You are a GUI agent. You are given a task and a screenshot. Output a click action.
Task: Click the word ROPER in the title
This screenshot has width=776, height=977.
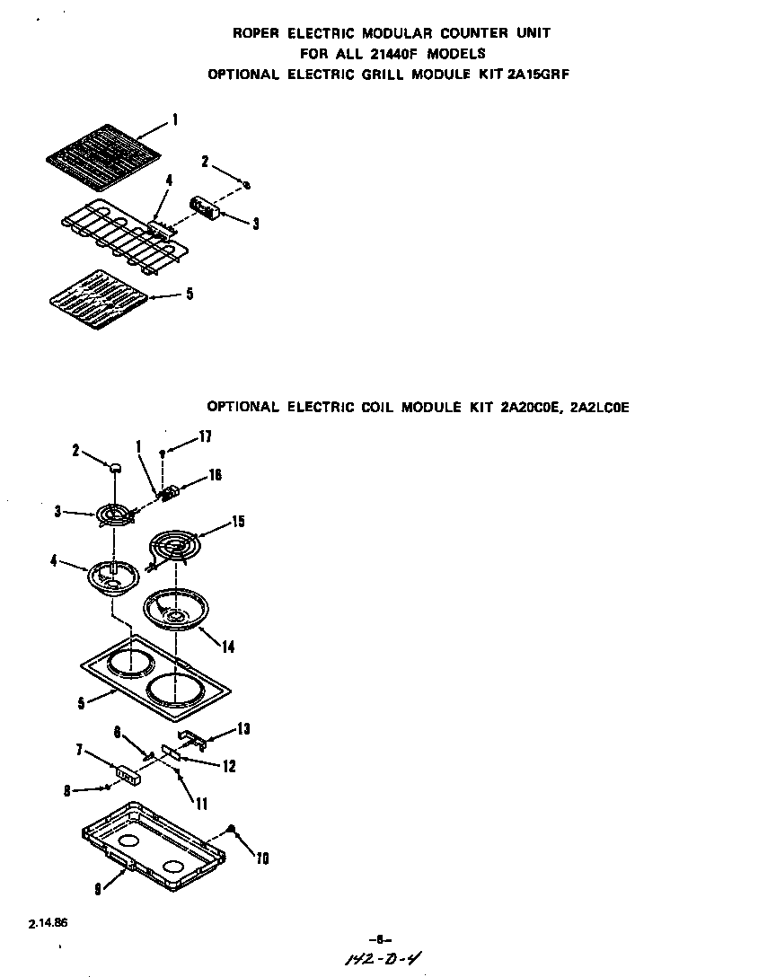(x=256, y=33)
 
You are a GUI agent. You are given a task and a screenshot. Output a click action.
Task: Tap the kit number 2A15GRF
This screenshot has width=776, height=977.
(x=538, y=75)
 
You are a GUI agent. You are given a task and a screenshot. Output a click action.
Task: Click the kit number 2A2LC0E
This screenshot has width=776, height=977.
(x=599, y=407)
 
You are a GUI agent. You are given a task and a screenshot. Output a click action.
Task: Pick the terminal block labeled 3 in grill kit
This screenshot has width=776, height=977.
(x=207, y=209)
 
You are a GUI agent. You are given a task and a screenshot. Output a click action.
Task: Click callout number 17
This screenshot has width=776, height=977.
(x=206, y=437)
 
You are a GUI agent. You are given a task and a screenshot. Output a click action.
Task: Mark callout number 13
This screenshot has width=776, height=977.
(x=244, y=728)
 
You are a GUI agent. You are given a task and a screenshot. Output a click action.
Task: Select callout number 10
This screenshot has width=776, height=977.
(x=261, y=858)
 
